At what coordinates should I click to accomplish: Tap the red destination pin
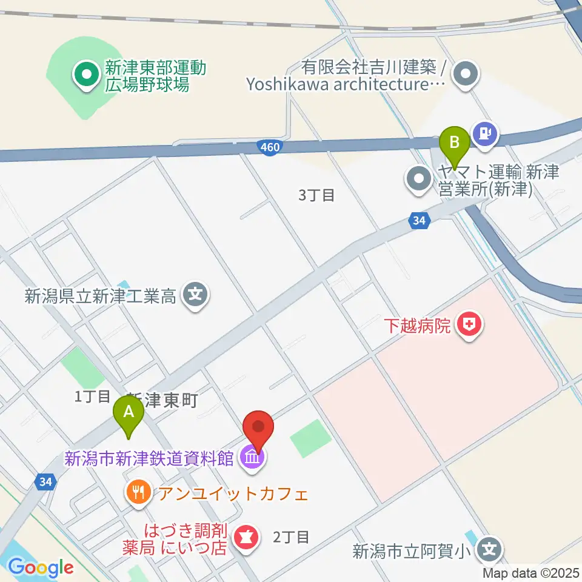click(x=259, y=428)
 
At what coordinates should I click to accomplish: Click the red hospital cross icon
click(x=469, y=326)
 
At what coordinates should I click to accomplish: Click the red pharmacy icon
click(x=247, y=537)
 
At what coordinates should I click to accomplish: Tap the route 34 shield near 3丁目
click(x=418, y=221)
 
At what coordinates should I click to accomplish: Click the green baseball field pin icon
click(x=86, y=75)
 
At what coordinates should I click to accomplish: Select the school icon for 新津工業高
click(x=195, y=296)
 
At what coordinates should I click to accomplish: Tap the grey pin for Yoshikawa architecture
click(x=466, y=76)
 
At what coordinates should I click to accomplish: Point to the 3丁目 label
click(x=317, y=195)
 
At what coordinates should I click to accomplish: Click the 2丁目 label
click(x=292, y=537)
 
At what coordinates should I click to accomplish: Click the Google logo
click(x=41, y=567)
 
